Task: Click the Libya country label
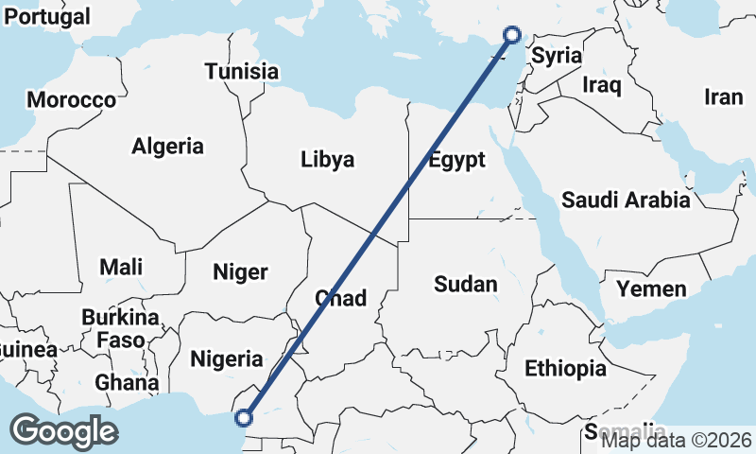click(x=328, y=159)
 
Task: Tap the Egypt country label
click(x=456, y=159)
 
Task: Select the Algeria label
click(x=167, y=147)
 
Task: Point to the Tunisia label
click(x=242, y=71)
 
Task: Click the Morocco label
click(x=72, y=99)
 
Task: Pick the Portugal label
click(x=47, y=17)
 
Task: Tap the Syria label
click(x=557, y=56)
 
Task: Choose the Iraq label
click(x=602, y=86)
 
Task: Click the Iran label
click(x=724, y=96)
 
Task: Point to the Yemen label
click(x=651, y=288)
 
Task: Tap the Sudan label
click(x=465, y=284)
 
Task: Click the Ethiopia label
click(x=565, y=368)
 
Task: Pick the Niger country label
click(x=240, y=272)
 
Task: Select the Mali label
click(x=121, y=267)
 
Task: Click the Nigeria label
click(x=227, y=358)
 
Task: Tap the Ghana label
click(x=127, y=383)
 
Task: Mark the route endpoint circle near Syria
click(x=512, y=35)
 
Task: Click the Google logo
click(x=63, y=431)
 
